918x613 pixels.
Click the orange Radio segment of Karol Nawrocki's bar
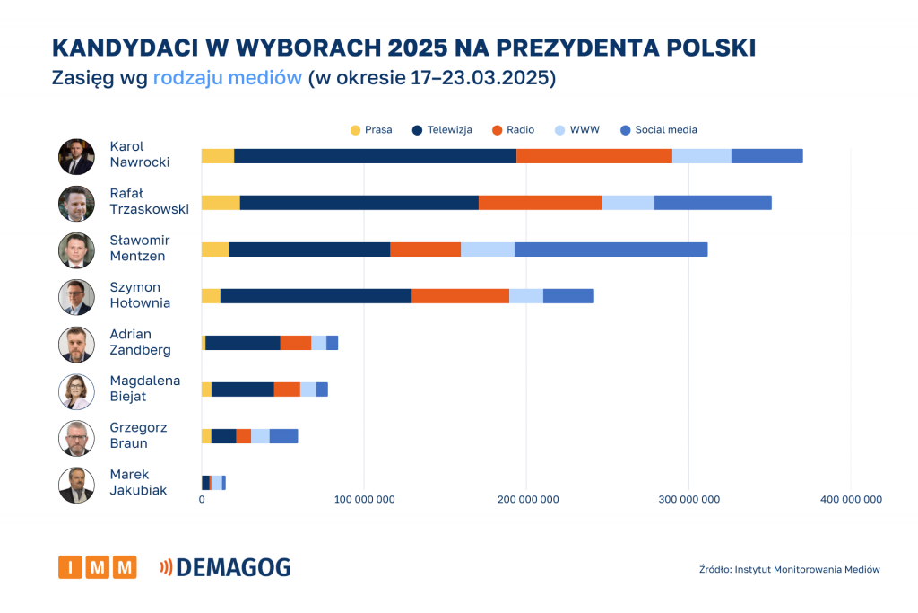click(594, 156)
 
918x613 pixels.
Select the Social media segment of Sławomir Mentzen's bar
click(611, 250)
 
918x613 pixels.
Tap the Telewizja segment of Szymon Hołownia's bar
click(316, 296)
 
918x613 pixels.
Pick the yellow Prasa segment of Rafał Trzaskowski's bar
click(221, 203)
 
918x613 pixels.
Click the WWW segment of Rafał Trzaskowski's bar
click(628, 203)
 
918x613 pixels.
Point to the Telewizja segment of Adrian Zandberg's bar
click(243, 343)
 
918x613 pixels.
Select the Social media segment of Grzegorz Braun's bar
click(283, 436)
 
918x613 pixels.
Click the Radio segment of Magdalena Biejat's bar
click(287, 390)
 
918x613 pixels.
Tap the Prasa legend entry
click(371, 130)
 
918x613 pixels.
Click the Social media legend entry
click(659, 130)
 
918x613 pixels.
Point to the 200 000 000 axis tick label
click(526, 500)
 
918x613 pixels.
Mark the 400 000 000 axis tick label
click(851, 500)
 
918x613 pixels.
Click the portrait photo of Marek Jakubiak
click(76, 485)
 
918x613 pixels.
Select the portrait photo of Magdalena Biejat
click(76, 391)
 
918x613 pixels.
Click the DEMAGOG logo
click(225, 567)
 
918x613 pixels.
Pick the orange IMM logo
click(98, 567)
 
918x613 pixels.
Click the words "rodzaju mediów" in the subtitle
click(227, 78)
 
